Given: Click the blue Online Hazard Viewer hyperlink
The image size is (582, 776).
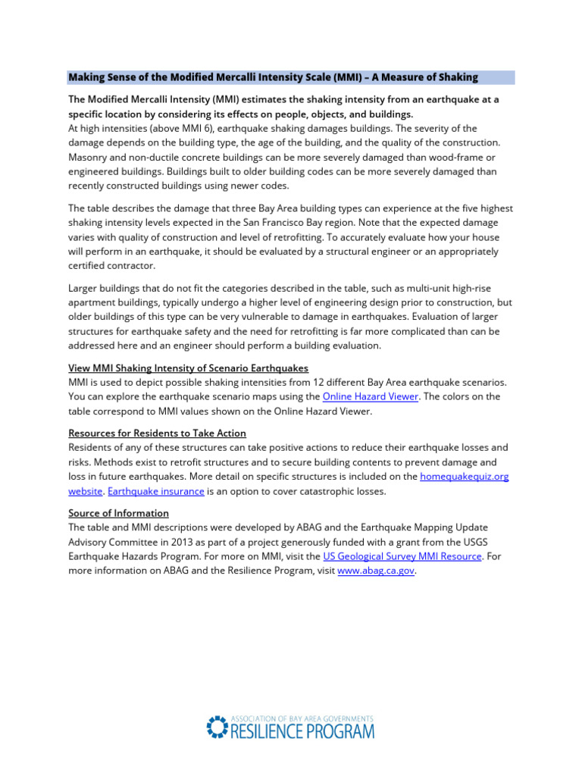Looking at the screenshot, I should pyautogui.click(x=371, y=396).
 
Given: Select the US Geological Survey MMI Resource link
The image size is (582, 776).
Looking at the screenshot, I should pyautogui.click(x=402, y=556).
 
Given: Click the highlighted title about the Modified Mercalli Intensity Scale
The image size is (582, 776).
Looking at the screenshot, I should pyautogui.click(x=273, y=77).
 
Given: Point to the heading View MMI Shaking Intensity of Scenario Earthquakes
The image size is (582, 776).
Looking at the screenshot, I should pyautogui.click(x=188, y=368).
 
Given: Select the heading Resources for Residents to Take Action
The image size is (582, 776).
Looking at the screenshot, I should pyautogui.click(x=157, y=433).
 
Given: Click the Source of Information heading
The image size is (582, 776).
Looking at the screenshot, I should pyautogui.click(x=118, y=513).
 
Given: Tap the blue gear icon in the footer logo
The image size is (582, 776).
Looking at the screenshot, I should pyautogui.click(x=216, y=727).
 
